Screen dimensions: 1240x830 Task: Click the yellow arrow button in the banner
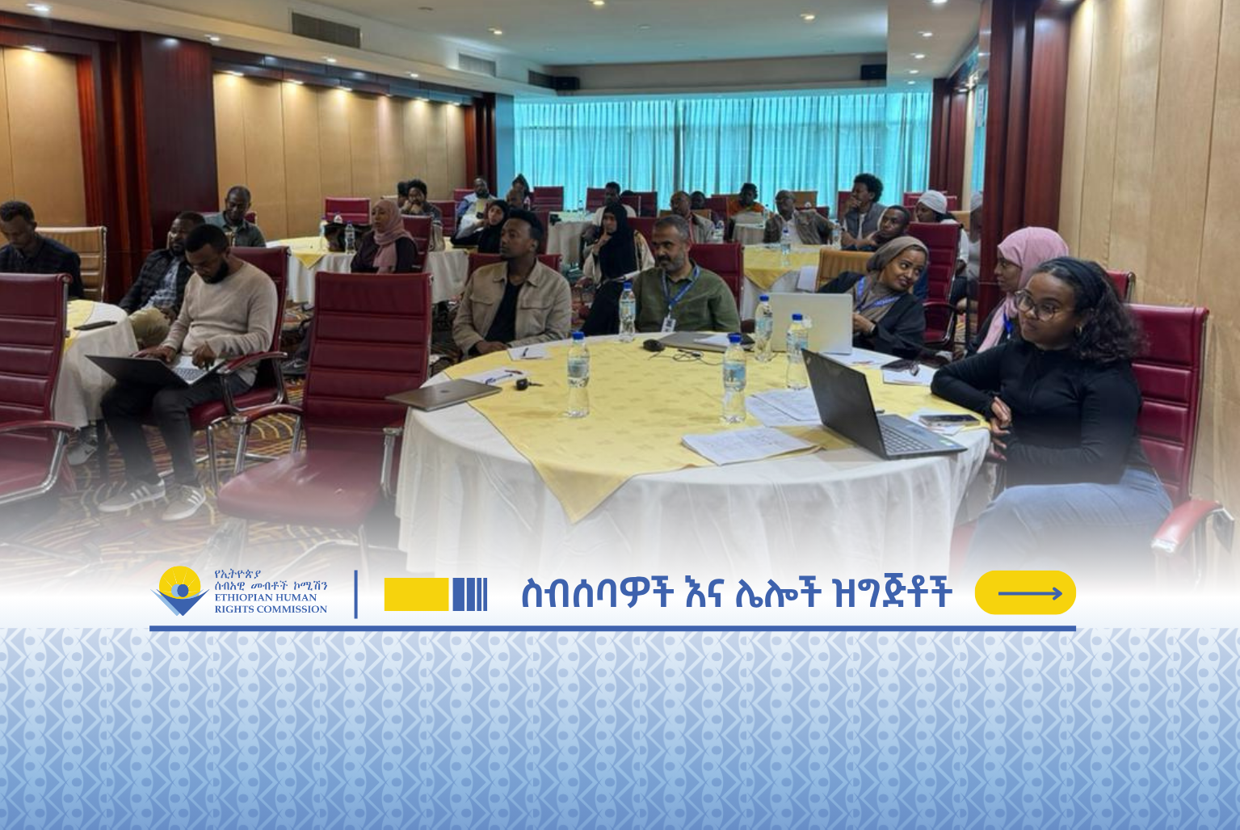pos(1025,592)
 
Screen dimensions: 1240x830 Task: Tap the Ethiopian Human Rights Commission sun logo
pos(180,590)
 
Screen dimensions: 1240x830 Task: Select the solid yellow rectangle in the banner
pos(416,594)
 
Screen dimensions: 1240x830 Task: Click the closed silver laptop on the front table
pos(443,394)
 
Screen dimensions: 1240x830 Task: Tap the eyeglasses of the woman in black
pos(1035,305)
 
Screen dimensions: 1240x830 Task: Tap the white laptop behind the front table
pos(812,322)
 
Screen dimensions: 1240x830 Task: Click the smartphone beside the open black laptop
pos(949,420)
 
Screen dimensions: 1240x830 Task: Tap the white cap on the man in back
pos(933,200)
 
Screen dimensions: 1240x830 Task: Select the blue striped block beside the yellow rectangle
pos(470,594)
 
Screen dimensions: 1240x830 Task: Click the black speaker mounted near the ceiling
pos(872,71)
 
